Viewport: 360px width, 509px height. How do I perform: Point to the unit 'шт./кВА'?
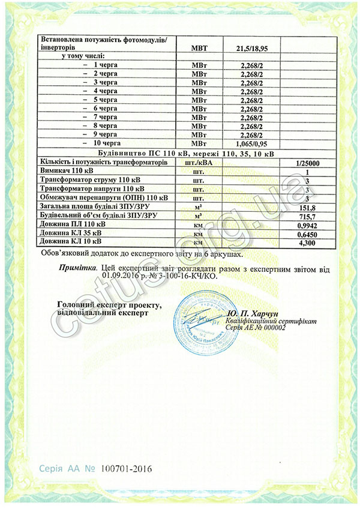202,163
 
